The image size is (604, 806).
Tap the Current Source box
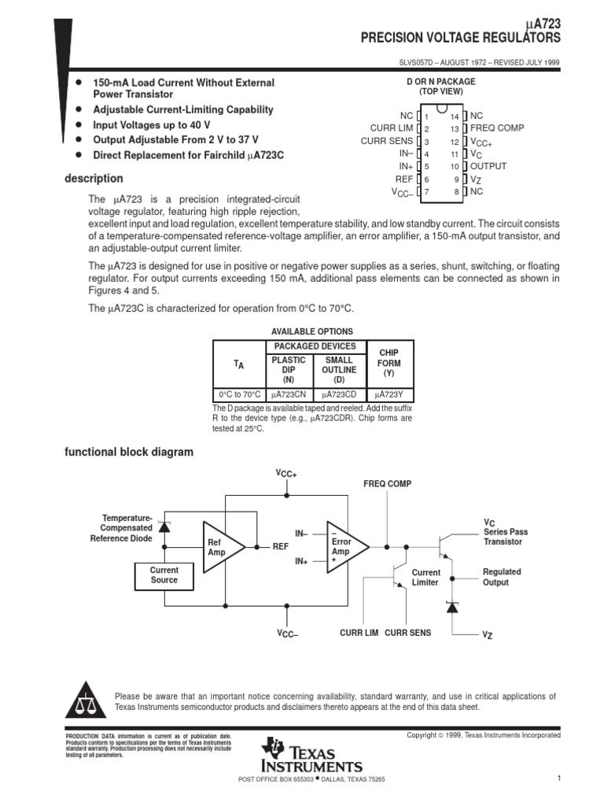click(164, 575)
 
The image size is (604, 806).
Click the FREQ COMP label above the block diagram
click(387, 483)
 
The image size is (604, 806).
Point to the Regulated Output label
click(501, 577)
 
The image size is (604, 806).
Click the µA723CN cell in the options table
click(289, 394)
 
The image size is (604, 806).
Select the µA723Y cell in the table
click(389, 394)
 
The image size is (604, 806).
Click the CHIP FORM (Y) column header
click(389, 364)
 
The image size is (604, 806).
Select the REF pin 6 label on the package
click(404, 179)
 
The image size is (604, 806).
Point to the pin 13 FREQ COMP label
click(496, 128)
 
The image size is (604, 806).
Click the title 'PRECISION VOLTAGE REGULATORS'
click(460, 37)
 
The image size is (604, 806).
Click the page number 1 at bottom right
click(557, 778)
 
